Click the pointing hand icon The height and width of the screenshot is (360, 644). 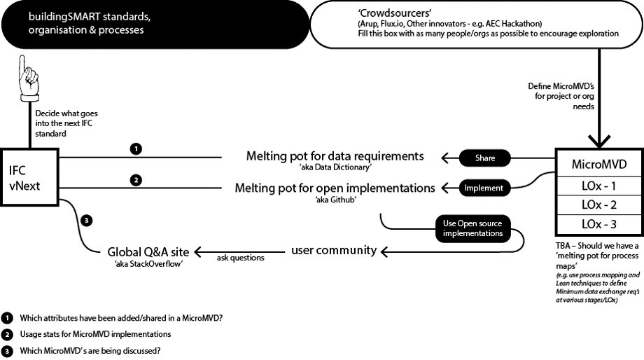click(28, 79)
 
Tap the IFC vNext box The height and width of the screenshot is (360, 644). click(29, 177)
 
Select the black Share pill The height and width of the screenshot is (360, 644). click(484, 158)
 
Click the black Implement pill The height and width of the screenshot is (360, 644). click(484, 188)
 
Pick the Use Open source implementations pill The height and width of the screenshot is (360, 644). click(472, 228)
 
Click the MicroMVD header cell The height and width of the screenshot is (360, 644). click(598, 165)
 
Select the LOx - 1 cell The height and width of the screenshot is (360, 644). click(598, 186)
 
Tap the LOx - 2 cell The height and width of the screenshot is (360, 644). click(598, 205)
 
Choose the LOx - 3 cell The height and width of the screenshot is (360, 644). click(598, 224)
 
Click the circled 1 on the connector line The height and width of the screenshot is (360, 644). click(136, 148)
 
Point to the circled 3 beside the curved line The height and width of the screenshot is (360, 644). click(86, 221)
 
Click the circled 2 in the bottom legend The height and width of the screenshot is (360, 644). click(7, 335)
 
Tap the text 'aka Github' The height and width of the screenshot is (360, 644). click(335, 200)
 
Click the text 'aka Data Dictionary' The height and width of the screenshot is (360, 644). click(335, 167)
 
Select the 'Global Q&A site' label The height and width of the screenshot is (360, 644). click(148, 252)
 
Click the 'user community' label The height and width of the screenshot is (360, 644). click(334, 250)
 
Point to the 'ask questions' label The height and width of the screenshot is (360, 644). click(241, 258)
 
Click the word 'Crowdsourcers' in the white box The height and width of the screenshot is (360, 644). click(395, 13)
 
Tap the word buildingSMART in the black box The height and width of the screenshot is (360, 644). click(64, 17)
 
